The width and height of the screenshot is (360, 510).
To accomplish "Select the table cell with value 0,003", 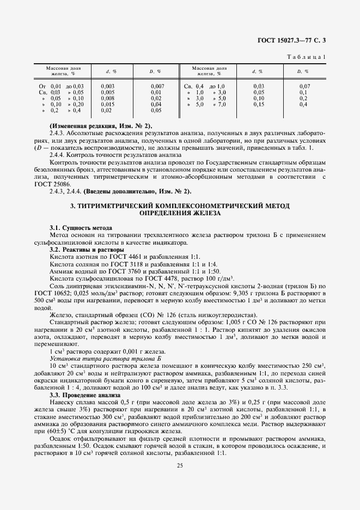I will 107,86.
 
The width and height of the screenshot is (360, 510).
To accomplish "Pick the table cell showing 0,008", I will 107,98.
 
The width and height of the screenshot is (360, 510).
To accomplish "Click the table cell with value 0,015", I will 107,104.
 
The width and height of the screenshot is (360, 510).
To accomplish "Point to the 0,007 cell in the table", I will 157,86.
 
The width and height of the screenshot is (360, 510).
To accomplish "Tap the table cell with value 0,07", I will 304,86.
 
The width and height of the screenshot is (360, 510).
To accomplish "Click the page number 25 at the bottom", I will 180,465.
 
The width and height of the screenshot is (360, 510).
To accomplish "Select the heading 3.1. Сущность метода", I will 81,227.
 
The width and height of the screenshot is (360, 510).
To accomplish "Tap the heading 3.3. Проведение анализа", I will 82,394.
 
